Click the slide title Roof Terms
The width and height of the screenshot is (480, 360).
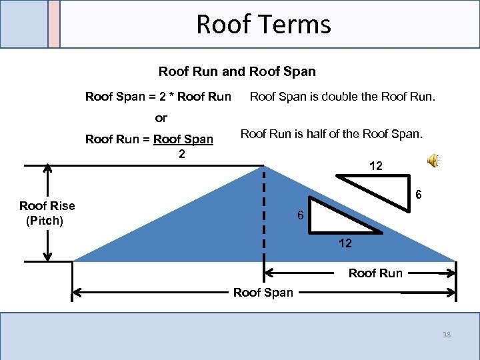(263, 25)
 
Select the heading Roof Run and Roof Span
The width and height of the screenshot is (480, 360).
(237, 71)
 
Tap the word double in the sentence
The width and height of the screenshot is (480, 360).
(339, 97)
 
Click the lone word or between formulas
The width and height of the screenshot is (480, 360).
(161, 118)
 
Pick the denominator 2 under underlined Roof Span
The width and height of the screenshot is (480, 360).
(181, 153)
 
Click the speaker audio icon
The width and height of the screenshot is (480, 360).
(433, 160)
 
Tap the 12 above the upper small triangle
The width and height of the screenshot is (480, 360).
(375, 166)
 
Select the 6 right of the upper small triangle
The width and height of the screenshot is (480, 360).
(418, 195)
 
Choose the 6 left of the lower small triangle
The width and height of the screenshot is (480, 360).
(301, 216)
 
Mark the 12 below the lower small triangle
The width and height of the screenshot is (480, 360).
(345, 243)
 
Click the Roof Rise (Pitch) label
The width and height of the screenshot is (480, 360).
(47, 213)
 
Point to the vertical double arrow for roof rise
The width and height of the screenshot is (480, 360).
(47, 213)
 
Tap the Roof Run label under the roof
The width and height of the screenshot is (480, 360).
(375, 273)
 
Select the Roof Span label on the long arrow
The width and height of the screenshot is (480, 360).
(263, 293)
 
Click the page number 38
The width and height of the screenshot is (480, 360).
(445, 335)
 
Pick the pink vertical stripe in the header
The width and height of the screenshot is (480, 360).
(54, 24)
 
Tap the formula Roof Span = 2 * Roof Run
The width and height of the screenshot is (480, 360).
(158, 97)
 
